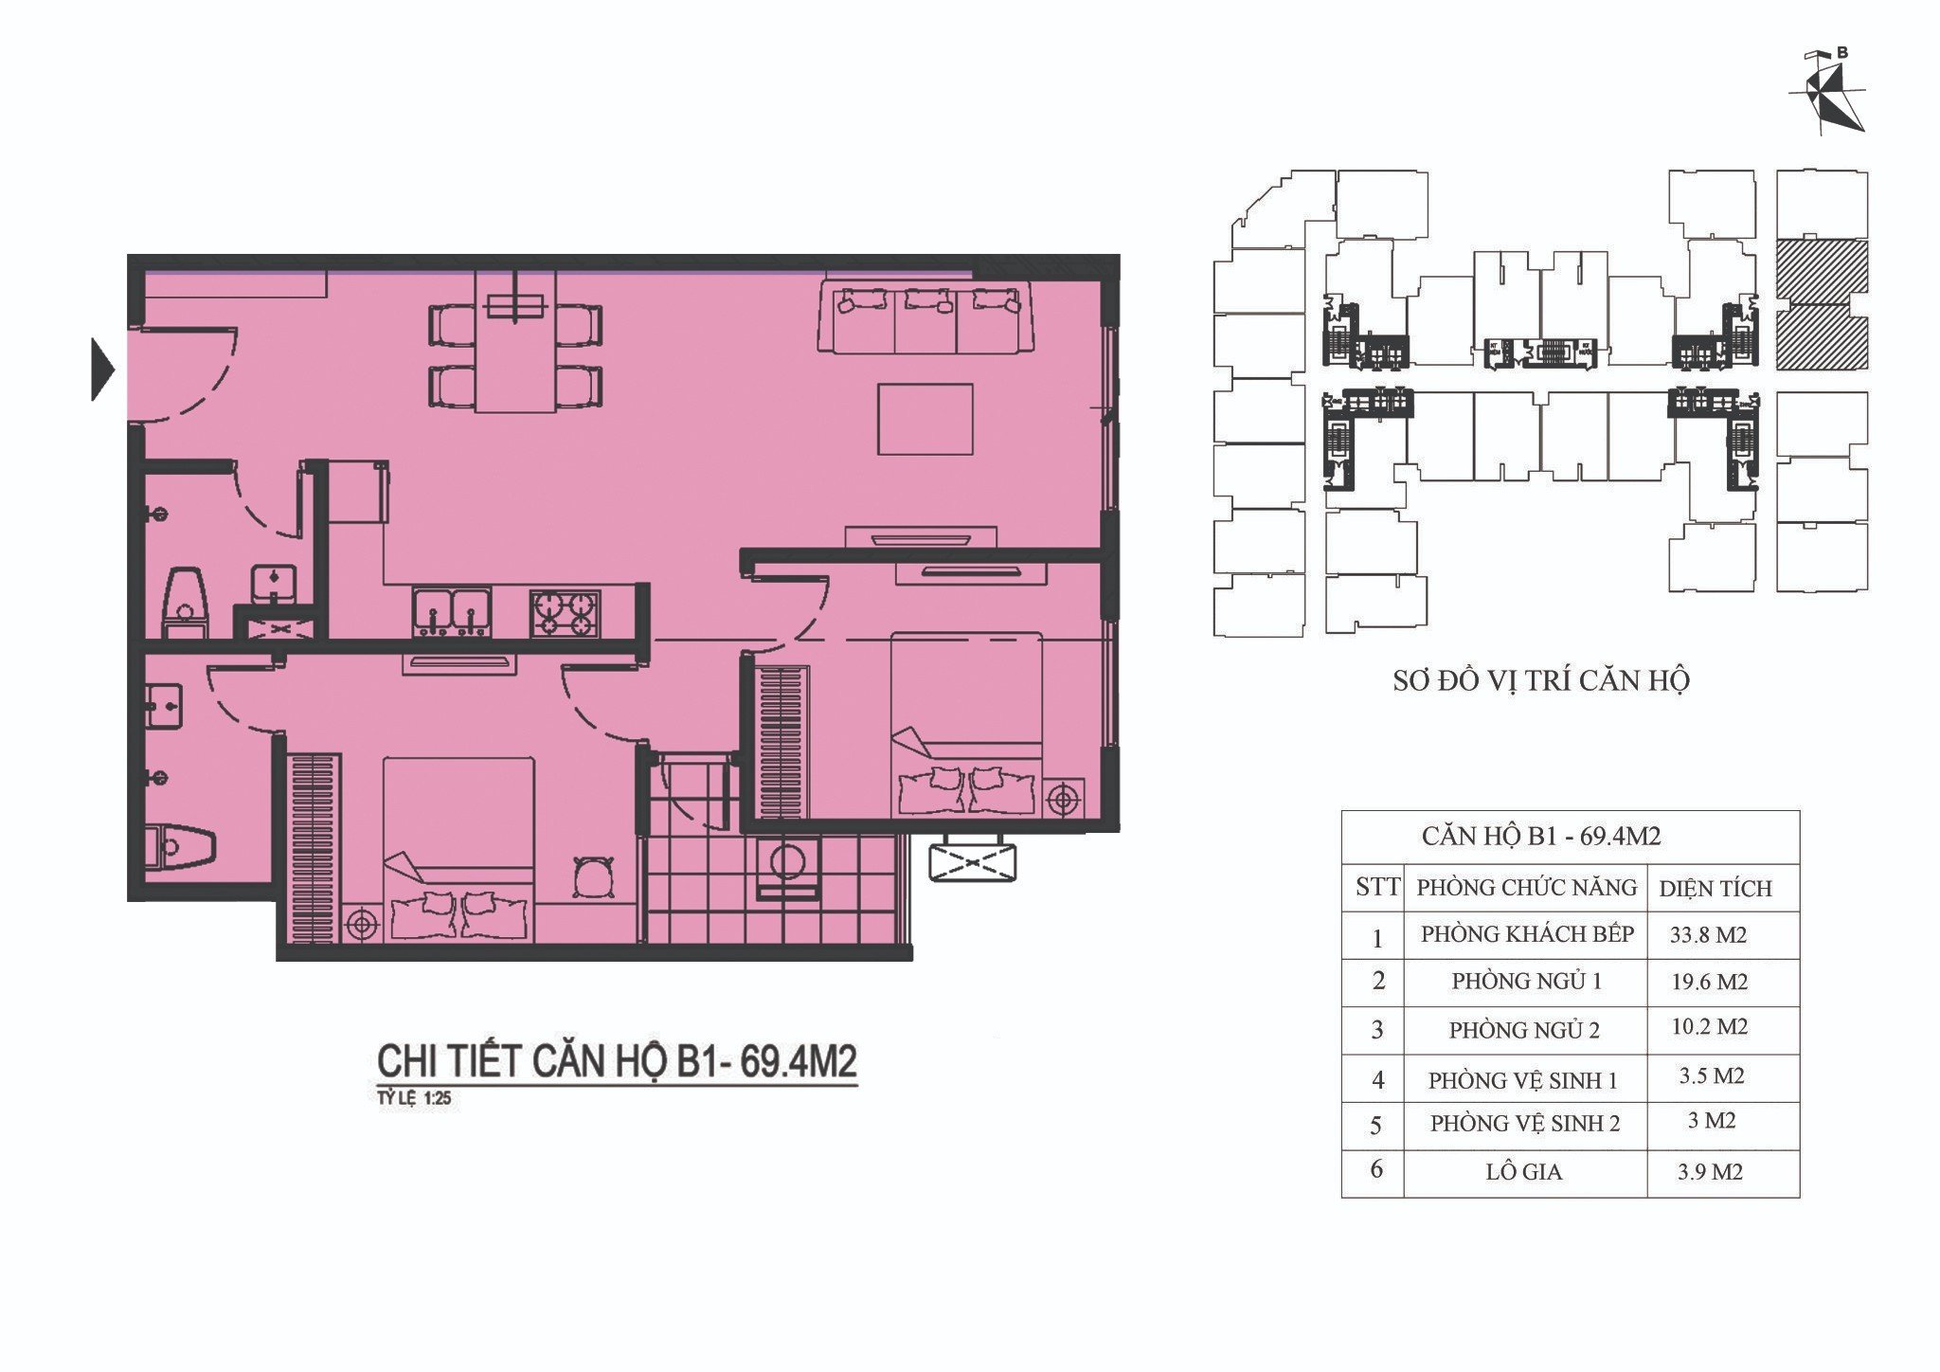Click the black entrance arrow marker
click(x=102, y=370)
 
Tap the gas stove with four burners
click(x=566, y=612)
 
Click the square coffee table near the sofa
click(x=925, y=419)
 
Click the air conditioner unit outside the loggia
click(x=975, y=863)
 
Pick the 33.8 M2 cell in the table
click(x=1709, y=935)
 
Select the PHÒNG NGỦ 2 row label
click(x=1524, y=1030)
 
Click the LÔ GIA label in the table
click(x=1524, y=1172)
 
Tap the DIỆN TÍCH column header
click(x=1715, y=888)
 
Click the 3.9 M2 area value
click(x=1710, y=1172)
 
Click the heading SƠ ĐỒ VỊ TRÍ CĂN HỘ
click(x=1541, y=680)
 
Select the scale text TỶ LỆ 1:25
click(x=415, y=1101)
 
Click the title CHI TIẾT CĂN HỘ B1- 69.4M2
click(x=617, y=1061)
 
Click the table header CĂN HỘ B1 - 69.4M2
click(x=1541, y=837)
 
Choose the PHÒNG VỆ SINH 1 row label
click(x=1523, y=1080)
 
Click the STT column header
click(x=1377, y=887)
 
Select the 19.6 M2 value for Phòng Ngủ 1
click(x=1710, y=982)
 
